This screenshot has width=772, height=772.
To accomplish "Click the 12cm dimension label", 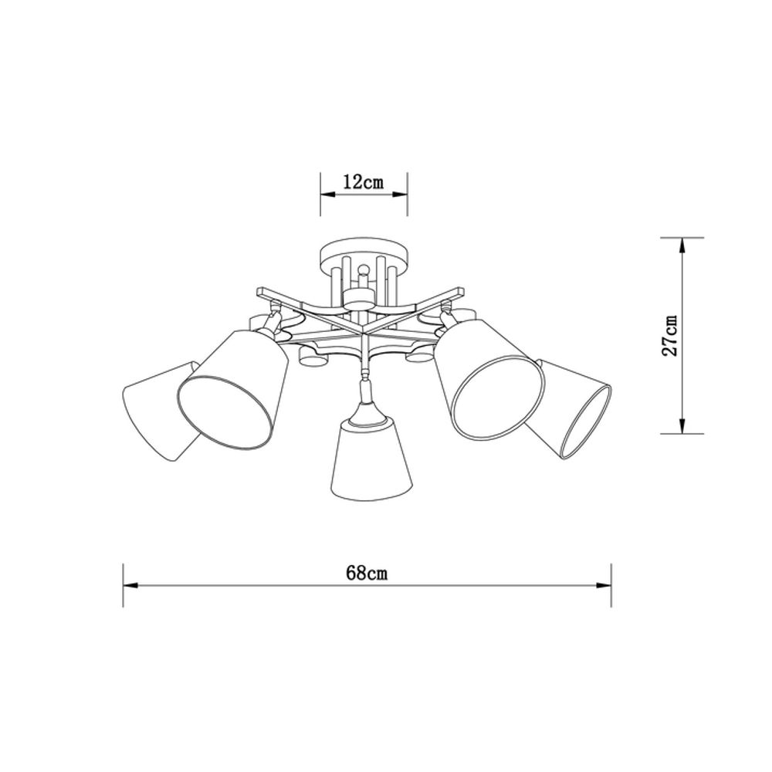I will [364, 183].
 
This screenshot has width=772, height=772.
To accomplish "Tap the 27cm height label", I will [672, 334].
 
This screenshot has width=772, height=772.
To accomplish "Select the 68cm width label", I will [366, 573].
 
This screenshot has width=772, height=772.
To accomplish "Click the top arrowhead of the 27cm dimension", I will [681, 245].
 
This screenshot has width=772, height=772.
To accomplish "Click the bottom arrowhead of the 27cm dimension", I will [681, 425].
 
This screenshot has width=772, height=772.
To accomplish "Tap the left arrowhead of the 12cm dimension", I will [327, 196].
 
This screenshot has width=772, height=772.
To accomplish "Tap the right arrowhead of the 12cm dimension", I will [401, 196].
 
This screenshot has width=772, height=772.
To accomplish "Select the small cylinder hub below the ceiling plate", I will [358, 298].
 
